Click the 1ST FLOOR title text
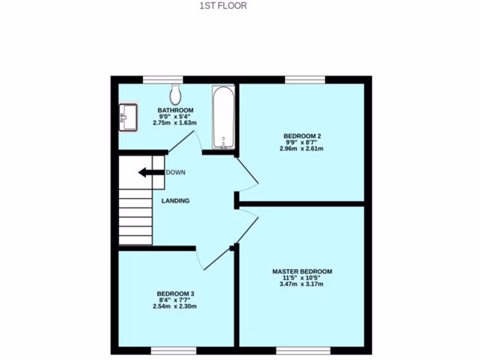[x=223, y=6]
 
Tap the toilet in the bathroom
[x=176, y=95]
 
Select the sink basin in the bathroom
[x=128, y=117]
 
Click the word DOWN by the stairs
[x=176, y=172]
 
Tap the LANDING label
[x=175, y=201]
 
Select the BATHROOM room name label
[x=175, y=110]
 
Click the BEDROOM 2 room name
[x=302, y=136]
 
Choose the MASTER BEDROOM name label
[x=302, y=271]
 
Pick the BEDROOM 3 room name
[x=175, y=294]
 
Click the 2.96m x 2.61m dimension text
[x=302, y=149]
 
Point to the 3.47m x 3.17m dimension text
[x=302, y=284]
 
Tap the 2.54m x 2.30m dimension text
[x=175, y=307]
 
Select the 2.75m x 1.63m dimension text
[x=175, y=123]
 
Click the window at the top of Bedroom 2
[x=305, y=80]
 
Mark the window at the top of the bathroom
[x=163, y=80]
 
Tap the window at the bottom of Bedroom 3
[x=173, y=351]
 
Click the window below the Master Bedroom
[x=303, y=351]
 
